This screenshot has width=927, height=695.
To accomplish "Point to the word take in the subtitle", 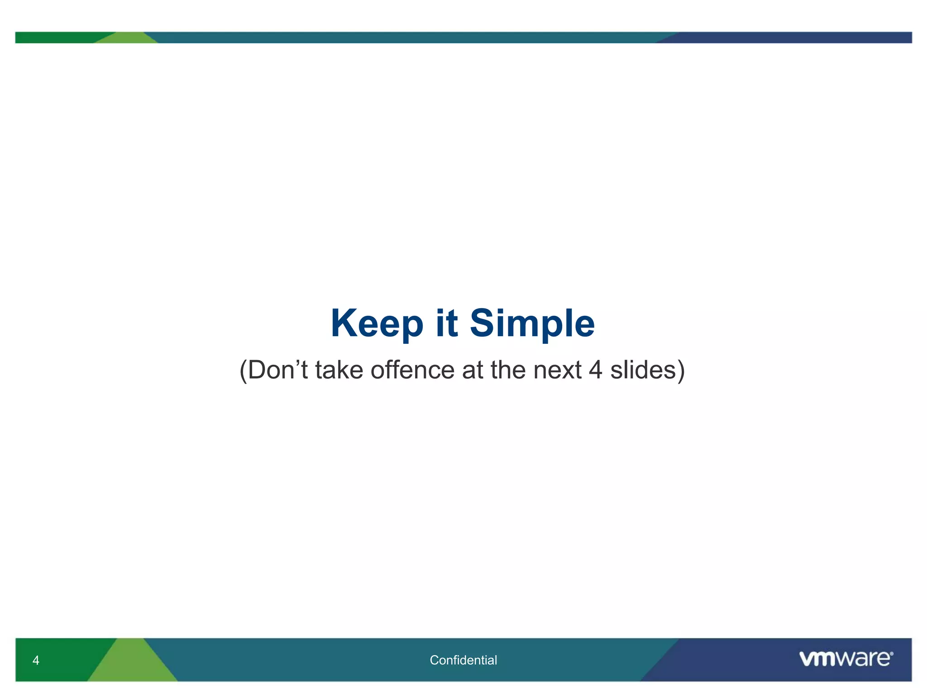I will click(x=339, y=370).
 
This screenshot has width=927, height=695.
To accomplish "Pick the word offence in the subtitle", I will click(x=412, y=370).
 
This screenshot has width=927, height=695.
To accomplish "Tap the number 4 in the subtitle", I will click(x=596, y=370).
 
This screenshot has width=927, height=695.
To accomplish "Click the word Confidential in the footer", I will click(x=463, y=660).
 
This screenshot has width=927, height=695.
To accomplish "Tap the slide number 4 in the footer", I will click(x=36, y=661).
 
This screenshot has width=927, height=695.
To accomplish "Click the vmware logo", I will click(x=844, y=658).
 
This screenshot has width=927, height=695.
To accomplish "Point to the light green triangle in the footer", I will click(x=132, y=665).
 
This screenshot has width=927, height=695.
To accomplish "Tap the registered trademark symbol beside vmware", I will click(x=891, y=654).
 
